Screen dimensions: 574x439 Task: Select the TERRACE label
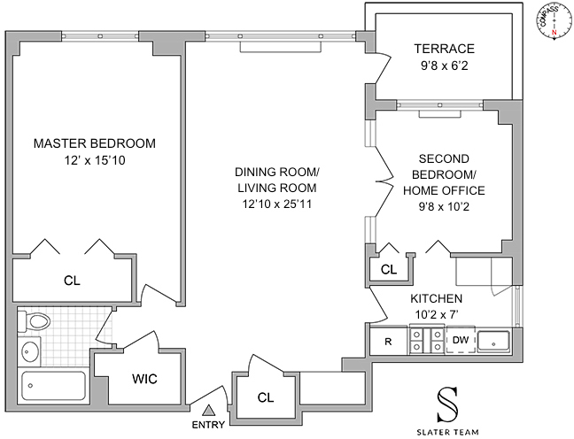(445, 49)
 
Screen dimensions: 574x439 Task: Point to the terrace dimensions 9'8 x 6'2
(445, 65)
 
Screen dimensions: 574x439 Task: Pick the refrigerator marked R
(388, 341)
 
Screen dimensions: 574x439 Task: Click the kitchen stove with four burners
(425, 341)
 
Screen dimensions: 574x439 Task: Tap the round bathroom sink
(30, 350)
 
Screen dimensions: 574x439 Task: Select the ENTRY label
(209, 425)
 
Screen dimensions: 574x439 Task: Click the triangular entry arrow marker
(209, 410)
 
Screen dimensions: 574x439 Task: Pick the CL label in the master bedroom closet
(72, 281)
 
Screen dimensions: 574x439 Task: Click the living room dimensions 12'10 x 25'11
(276, 204)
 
